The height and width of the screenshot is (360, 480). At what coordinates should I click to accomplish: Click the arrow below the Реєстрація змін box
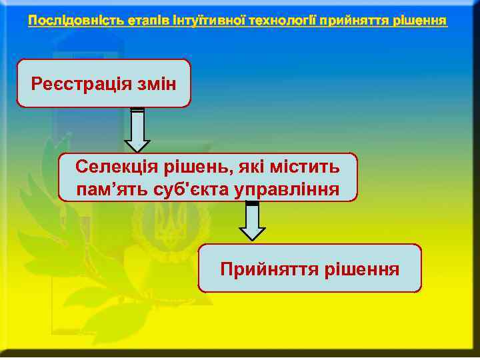tap(137, 129)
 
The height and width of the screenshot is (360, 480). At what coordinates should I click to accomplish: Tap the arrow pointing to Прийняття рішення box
tap(252, 220)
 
